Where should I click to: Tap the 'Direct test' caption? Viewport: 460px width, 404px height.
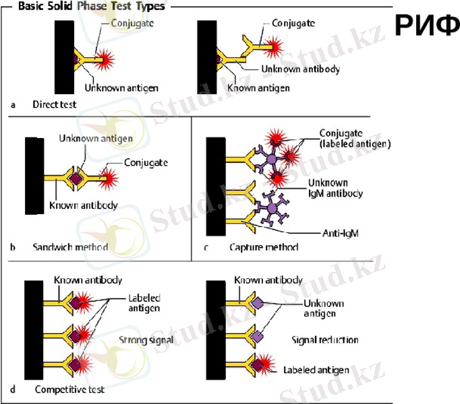pyautogui.click(x=55, y=105)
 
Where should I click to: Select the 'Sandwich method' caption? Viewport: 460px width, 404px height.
pyautogui.click(x=70, y=247)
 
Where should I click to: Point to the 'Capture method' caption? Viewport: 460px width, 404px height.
pyautogui.click(x=264, y=247)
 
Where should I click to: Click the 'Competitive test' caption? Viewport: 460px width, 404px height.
pyautogui.click(x=69, y=389)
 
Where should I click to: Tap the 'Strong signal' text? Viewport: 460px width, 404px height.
pyautogui.click(x=146, y=340)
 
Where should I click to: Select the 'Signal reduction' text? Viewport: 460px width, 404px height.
pyautogui.click(x=325, y=340)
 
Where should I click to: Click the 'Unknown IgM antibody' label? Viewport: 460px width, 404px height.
pyautogui.click(x=335, y=188)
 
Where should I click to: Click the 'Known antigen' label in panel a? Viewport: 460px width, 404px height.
pyautogui.click(x=258, y=88)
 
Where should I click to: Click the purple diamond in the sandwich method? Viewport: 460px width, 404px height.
pyautogui.click(x=76, y=178)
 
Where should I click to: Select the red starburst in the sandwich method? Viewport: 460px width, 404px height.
pyautogui.click(x=108, y=178)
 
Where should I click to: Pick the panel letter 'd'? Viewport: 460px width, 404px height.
pyautogui.click(x=13, y=389)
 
